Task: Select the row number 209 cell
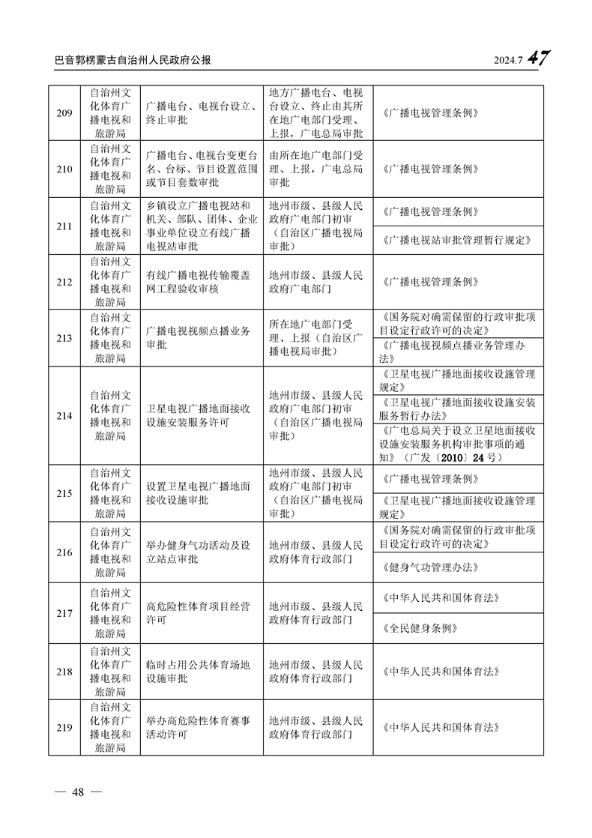click(x=64, y=113)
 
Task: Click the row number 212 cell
click(x=64, y=282)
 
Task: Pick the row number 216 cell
click(x=64, y=552)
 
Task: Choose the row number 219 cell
click(x=64, y=727)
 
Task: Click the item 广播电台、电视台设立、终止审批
click(x=199, y=113)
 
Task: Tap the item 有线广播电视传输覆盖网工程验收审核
click(x=199, y=282)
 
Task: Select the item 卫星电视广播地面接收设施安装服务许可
click(x=199, y=415)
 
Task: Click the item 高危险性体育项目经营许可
click(x=199, y=613)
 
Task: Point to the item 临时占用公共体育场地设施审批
click(x=199, y=672)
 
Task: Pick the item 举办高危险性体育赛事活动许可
click(x=199, y=727)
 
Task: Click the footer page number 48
click(x=75, y=794)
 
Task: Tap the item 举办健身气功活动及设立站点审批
click(x=199, y=552)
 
